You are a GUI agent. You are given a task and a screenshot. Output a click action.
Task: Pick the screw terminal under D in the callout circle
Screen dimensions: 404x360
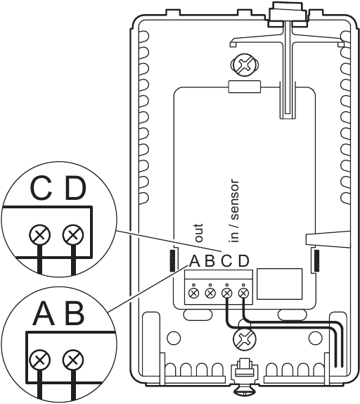72,233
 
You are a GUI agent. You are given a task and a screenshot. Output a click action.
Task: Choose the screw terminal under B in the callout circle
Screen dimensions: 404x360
72,362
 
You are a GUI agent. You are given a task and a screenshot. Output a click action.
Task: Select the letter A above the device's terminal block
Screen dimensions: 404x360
194,263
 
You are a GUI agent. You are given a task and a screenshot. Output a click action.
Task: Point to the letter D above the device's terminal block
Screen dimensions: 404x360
243,263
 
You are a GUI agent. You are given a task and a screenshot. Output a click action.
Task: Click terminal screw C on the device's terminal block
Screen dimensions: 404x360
227,291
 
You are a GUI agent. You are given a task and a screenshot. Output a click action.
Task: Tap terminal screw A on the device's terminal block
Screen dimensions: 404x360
193,291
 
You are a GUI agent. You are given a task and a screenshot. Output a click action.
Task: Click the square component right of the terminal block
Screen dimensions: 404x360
271,286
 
